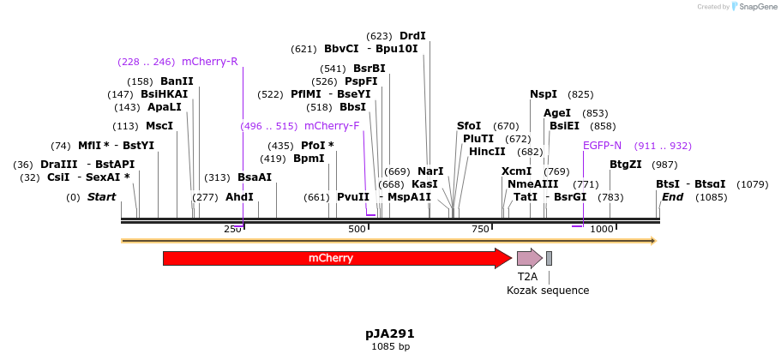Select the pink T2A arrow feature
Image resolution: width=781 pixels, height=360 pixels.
(528, 258)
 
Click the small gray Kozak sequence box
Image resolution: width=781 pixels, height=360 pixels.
(549, 258)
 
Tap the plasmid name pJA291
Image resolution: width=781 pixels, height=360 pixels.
(390, 333)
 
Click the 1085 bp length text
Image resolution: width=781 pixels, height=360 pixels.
(390, 347)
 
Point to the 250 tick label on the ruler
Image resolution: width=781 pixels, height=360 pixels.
(232, 229)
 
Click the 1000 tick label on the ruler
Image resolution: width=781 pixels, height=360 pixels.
(602, 229)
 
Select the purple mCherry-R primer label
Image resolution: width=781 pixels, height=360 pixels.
(210, 62)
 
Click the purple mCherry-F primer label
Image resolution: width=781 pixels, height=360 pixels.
(332, 126)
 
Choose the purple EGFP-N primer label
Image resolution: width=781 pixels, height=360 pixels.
(602, 146)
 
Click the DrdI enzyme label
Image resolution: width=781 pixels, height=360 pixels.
(412, 36)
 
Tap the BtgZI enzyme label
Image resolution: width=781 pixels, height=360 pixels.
(625, 165)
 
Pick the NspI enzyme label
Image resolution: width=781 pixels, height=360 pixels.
(544, 94)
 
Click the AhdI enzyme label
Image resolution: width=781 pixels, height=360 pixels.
(239, 197)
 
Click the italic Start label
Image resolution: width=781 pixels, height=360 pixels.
(101, 197)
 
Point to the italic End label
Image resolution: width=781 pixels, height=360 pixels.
(672, 197)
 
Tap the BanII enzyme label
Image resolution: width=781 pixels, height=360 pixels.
(177, 81)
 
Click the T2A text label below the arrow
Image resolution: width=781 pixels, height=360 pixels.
(527, 277)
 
